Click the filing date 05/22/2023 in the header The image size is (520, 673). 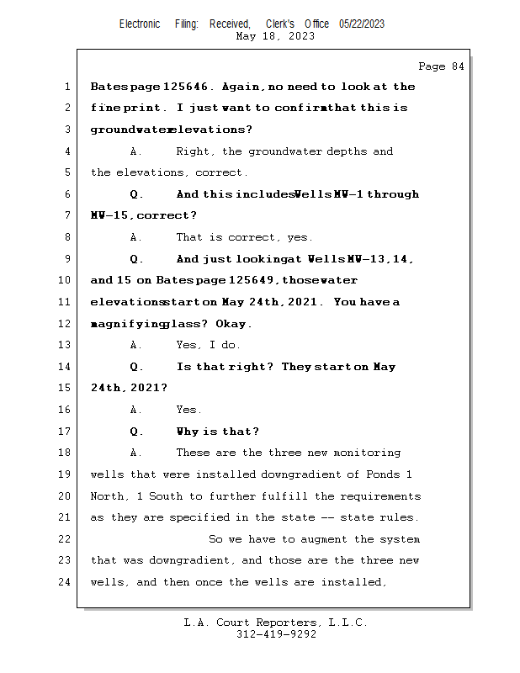[362, 24]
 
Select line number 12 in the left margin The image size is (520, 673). [66, 324]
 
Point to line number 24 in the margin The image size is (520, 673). [66, 582]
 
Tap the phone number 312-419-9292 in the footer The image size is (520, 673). [276, 634]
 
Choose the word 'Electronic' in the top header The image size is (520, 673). [140, 24]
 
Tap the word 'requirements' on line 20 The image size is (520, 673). [380, 496]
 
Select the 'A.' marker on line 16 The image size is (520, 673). [136, 410]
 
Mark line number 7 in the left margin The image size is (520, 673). [66, 216]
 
